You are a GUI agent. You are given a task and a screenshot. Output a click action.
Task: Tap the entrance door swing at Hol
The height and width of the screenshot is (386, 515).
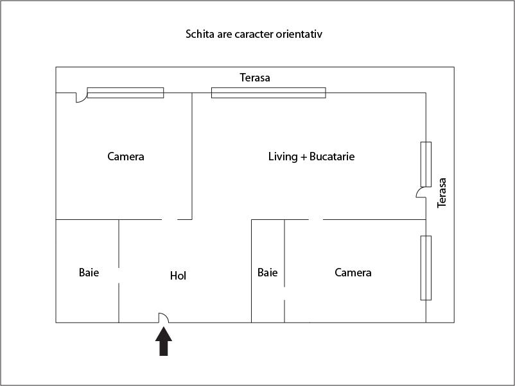point(164,317)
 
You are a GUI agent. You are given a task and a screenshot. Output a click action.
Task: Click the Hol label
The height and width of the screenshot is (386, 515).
point(178,276)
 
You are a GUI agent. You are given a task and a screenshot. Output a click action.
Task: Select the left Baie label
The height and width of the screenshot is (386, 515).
point(89,273)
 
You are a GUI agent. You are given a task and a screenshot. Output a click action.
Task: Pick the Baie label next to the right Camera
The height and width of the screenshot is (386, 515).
point(267,273)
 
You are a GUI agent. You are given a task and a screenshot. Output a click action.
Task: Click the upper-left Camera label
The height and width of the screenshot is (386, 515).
point(126,156)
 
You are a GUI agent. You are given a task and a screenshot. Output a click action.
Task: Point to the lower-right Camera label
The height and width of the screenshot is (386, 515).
point(353,273)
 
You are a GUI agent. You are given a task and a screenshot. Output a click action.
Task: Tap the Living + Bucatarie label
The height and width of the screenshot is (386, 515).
point(311,156)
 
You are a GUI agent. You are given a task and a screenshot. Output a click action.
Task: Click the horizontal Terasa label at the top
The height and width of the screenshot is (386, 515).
point(255,78)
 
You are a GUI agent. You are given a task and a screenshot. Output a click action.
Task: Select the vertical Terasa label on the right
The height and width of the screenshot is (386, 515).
point(442,192)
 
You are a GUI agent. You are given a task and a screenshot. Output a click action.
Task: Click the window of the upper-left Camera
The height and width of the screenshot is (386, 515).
point(125,92)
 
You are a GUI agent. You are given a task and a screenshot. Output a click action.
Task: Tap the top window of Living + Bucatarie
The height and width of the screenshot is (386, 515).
point(268,92)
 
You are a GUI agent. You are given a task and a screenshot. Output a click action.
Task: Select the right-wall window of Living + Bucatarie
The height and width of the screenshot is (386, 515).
point(426,164)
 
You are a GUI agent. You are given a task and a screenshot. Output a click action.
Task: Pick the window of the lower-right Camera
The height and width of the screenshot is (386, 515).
point(426,268)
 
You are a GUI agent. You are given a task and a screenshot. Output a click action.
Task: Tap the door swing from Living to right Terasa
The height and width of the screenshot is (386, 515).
point(421,192)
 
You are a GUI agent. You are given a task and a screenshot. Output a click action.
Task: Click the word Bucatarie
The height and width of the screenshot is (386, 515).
point(332,156)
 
